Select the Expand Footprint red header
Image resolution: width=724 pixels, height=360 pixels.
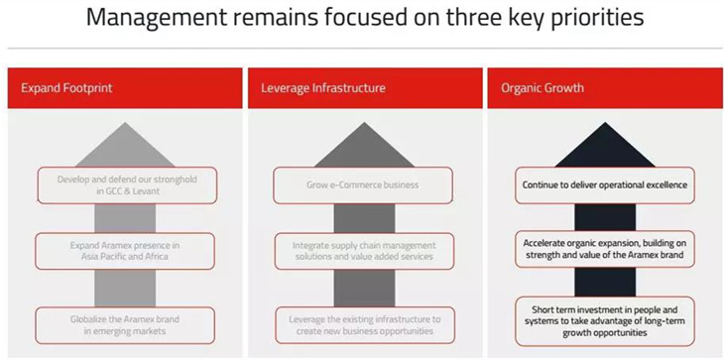125,88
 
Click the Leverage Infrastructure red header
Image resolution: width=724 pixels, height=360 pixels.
365,88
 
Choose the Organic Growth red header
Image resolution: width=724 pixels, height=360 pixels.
605,88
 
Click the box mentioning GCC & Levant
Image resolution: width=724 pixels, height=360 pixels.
127,185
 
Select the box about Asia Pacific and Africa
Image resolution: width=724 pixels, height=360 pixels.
125,251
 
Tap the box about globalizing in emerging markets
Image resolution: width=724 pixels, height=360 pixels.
125,325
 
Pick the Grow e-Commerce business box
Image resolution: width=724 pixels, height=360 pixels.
362,185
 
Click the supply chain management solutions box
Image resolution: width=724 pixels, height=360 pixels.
364,251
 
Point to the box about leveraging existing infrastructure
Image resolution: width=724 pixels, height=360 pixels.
365,325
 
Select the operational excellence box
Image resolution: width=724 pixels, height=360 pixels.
605,185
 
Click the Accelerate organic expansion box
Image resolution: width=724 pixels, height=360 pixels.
605,249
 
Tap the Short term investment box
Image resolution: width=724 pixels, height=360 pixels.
605,321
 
